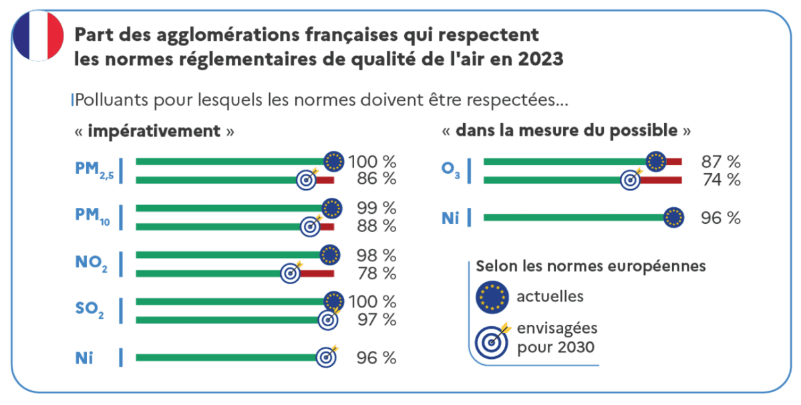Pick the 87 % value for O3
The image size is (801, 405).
(720, 161)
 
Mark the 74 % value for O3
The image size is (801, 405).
(720, 179)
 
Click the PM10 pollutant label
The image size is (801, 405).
(92, 217)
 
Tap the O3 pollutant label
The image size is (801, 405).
(450, 170)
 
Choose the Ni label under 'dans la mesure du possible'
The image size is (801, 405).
(451, 217)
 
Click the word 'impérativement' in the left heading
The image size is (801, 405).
(154, 130)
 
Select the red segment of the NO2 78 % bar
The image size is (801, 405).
(317, 273)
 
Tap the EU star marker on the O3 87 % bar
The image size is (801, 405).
(656, 161)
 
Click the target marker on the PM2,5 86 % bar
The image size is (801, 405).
(307, 179)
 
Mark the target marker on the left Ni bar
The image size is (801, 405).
(326, 357)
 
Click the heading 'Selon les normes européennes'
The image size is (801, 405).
(591, 266)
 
